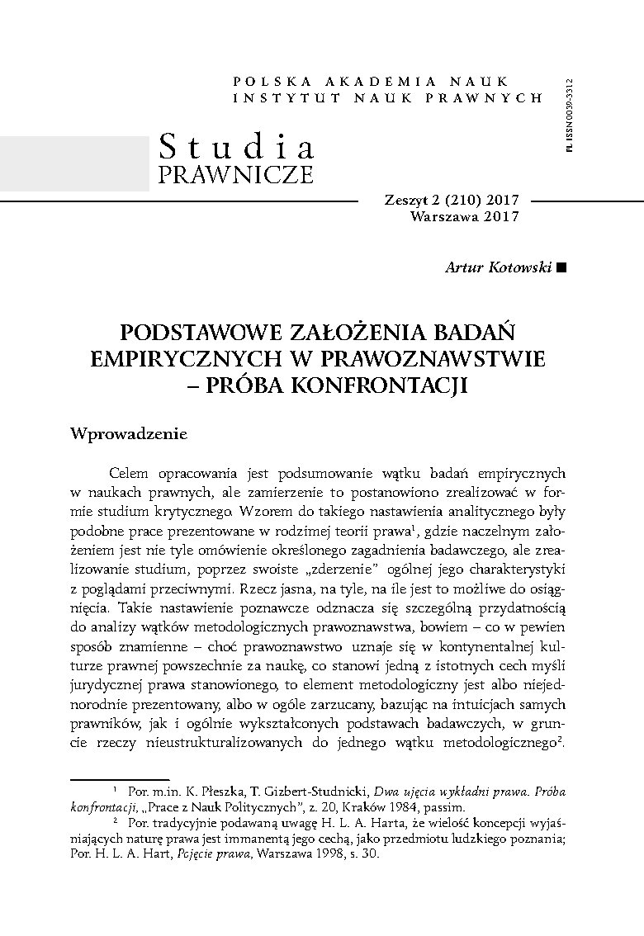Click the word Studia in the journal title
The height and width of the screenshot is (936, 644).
pyautogui.click(x=236, y=147)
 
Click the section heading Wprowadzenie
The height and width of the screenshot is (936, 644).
pyautogui.click(x=130, y=434)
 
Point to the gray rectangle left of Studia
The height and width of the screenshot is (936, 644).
pyautogui.click(x=74, y=163)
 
